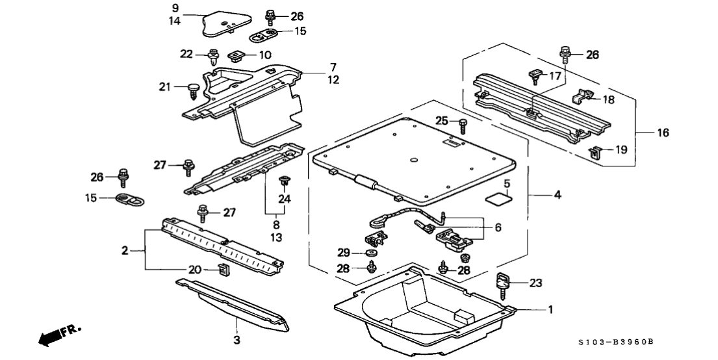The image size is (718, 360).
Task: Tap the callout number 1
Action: click(551, 310)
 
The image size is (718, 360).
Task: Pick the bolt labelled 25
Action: click(462, 124)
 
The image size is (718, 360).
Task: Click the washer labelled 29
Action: click(374, 252)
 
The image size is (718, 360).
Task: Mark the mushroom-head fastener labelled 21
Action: click(192, 89)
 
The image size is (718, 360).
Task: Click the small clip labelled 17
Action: click(535, 77)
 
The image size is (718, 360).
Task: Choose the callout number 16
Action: click(663, 133)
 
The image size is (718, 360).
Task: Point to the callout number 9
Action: click(175, 8)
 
